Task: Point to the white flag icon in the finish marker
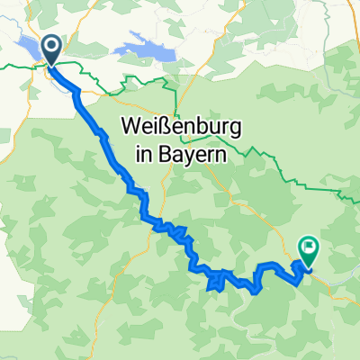tap(309, 245)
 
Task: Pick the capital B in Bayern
tap(143, 153)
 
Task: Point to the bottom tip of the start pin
tap(49, 64)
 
